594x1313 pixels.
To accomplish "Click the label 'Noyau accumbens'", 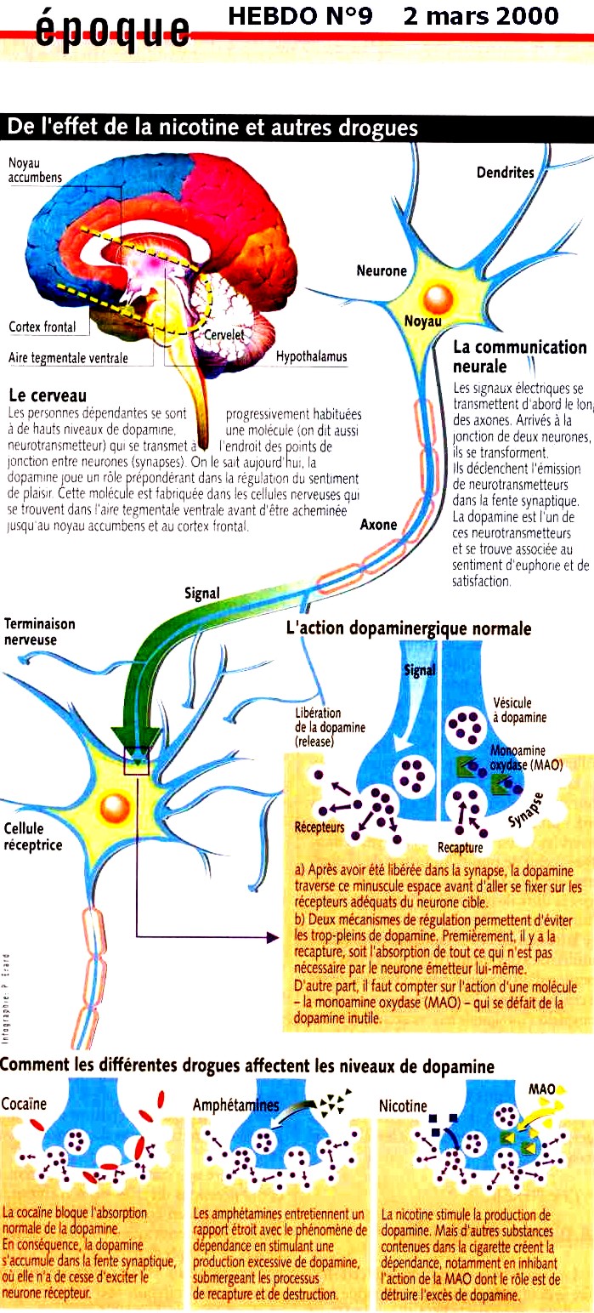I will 31,169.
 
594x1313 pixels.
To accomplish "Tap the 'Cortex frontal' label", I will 42,327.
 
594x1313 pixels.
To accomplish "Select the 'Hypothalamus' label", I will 311,357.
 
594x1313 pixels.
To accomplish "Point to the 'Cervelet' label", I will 223,335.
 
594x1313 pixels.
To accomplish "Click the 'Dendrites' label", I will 505,173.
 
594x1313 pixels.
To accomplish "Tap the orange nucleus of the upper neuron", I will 439,298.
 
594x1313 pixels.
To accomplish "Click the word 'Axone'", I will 378,525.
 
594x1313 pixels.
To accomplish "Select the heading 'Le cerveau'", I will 47,395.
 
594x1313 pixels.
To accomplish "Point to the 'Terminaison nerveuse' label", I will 39,631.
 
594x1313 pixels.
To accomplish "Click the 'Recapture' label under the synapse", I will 460,847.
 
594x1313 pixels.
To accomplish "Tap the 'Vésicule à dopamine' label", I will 519,710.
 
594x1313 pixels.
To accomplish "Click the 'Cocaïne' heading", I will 24,1105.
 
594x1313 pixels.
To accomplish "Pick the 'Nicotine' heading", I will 403,1106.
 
